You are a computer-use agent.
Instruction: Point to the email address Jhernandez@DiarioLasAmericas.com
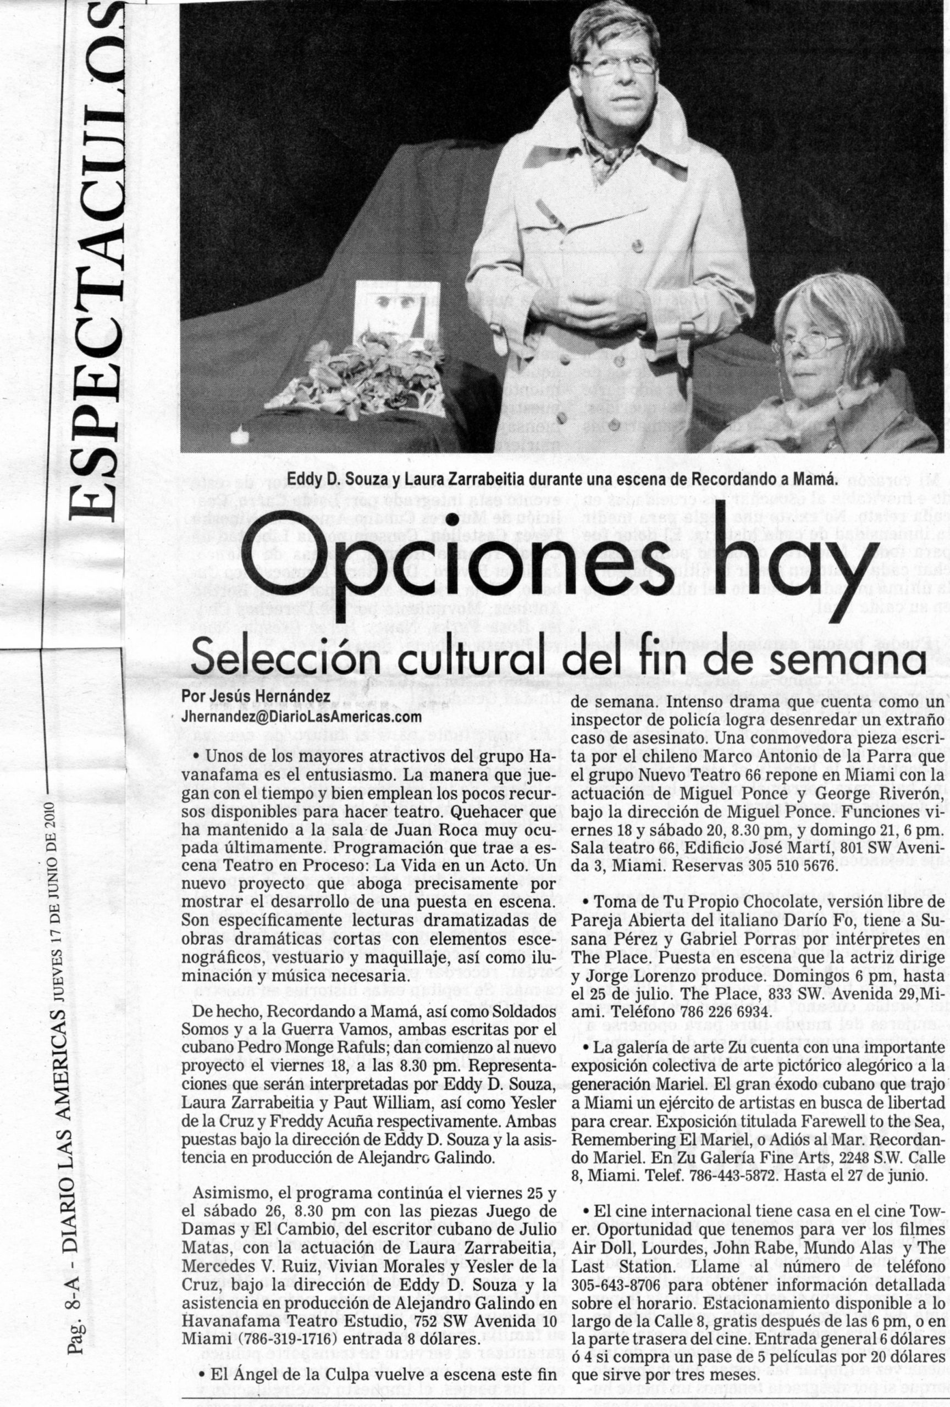[x=301, y=716]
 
